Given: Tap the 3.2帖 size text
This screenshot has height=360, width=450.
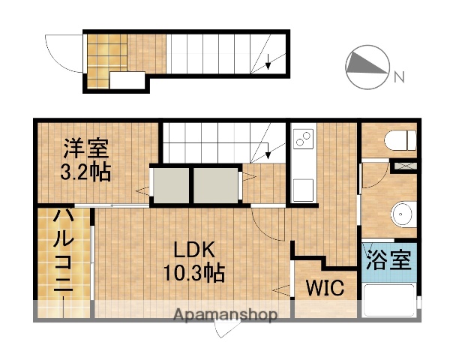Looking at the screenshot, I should [x=85, y=172].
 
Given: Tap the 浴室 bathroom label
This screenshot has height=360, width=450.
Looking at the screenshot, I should [x=388, y=262].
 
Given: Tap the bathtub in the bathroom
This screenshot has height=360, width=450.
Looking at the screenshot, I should [x=388, y=303].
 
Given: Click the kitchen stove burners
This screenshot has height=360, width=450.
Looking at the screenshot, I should [x=304, y=139].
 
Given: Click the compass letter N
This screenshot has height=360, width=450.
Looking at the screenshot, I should [x=400, y=76].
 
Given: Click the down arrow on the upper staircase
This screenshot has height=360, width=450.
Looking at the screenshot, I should [x=268, y=63].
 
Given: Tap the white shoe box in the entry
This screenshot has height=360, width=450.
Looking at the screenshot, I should [x=127, y=82].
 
